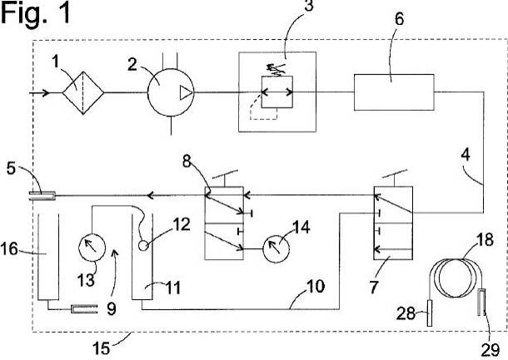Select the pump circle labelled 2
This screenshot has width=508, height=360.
tap(170, 92)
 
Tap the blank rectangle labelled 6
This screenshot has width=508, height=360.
tap(394, 92)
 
